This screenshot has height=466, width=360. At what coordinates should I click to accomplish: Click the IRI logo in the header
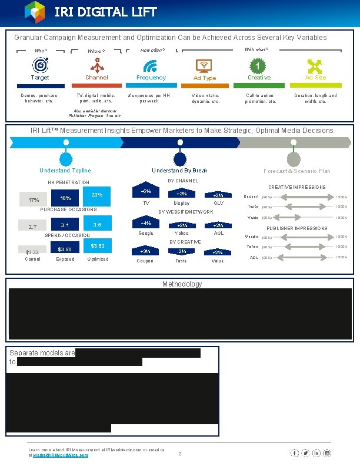(x=35, y=12)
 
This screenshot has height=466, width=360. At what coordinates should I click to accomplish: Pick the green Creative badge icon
(x=258, y=65)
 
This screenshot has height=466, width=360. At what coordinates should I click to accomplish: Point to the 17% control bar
(x=34, y=200)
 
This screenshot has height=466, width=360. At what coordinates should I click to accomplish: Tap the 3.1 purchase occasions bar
(x=65, y=225)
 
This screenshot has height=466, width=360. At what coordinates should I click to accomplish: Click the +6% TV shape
(x=146, y=192)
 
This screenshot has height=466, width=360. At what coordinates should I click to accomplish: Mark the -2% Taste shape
(x=182, y=252)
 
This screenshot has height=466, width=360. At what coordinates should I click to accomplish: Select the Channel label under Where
(x=96, y=78)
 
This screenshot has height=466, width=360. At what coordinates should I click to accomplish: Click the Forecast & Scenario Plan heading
(x=297, y=171)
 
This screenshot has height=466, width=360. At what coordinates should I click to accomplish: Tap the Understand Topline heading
(x=65, y=171)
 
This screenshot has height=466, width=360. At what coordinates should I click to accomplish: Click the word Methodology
(x=182, y=284)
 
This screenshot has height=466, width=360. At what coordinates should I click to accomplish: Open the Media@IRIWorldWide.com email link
(x=61, y=455)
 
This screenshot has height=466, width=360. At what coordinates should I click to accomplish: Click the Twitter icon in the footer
(x=305, y=452)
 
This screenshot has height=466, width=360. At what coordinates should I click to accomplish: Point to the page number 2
(x=180, y=454)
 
